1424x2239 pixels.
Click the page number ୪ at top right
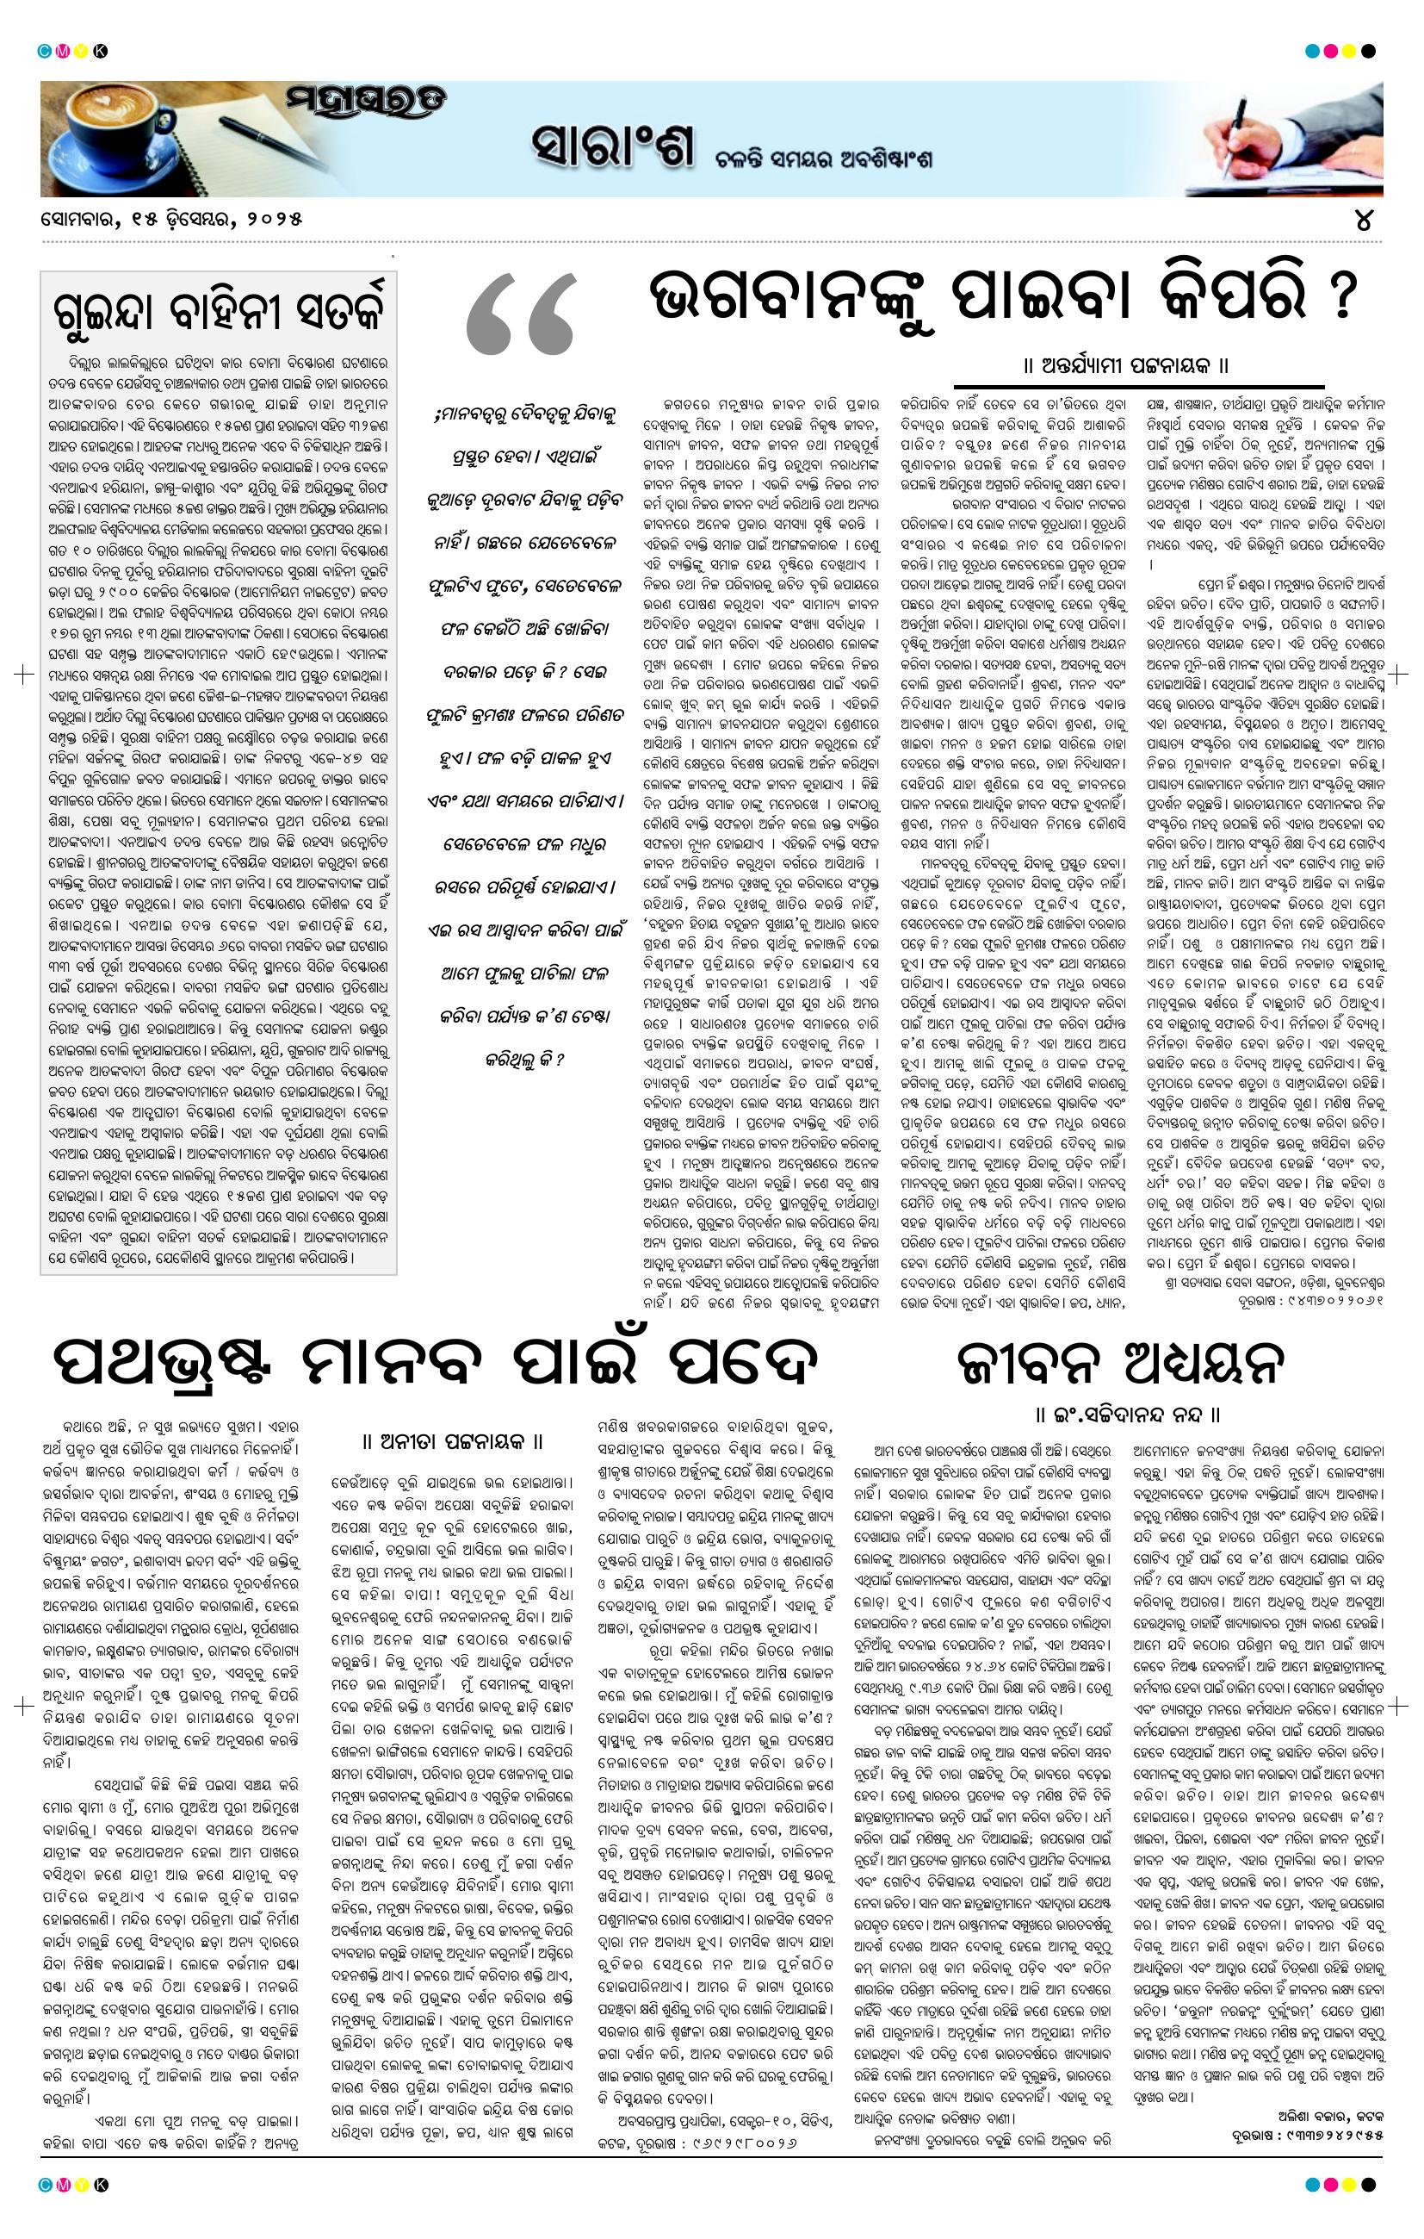coord(1364,221)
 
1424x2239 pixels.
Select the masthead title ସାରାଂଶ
coord(612,146)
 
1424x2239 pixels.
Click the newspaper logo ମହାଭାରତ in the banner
coord(363,103)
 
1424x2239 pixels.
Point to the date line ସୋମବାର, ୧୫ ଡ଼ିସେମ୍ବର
coord(172,221)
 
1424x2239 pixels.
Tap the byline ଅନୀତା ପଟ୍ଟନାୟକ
coord(452,1442)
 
